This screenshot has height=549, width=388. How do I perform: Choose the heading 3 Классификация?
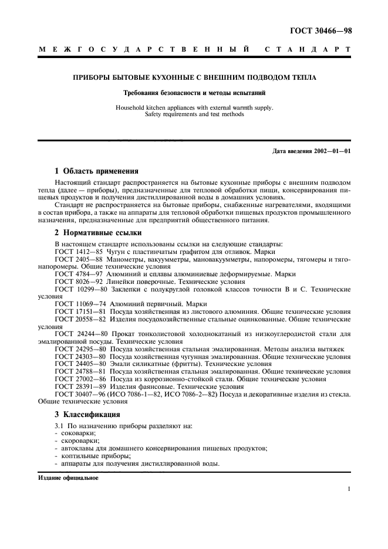(87, 414)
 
